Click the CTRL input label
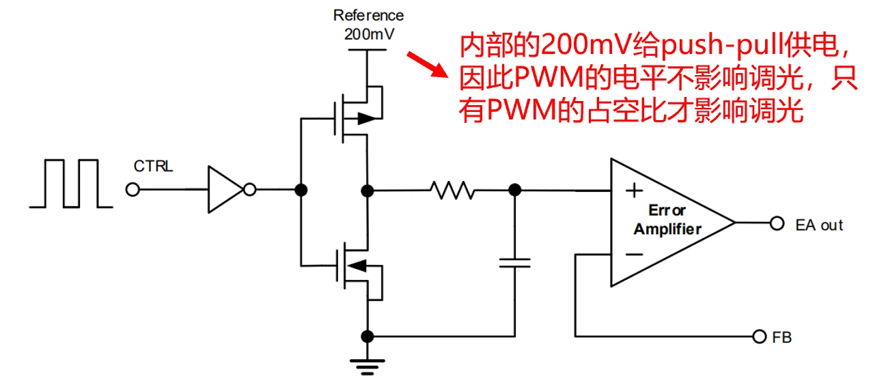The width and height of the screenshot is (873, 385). [153, 166]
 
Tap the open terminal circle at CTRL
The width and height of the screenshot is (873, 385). [133, 190]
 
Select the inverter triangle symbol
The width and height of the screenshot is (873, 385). [225, 190]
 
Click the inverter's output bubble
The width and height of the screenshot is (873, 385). [250, 190]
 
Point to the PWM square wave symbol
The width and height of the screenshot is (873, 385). [72, 182]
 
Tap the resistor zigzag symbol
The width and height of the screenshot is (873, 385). [452, 190]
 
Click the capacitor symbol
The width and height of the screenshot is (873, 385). [514, 263]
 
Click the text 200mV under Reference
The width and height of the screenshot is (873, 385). [369, 33]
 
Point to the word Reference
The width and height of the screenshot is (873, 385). [368, 15]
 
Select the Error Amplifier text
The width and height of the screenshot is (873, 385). [667, 219]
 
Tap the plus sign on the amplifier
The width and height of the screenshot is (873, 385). [635, 189]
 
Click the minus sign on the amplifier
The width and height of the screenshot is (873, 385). [634, 255]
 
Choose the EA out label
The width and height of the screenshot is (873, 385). [819, 225]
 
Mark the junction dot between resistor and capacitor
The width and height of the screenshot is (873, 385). [515, 190]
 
